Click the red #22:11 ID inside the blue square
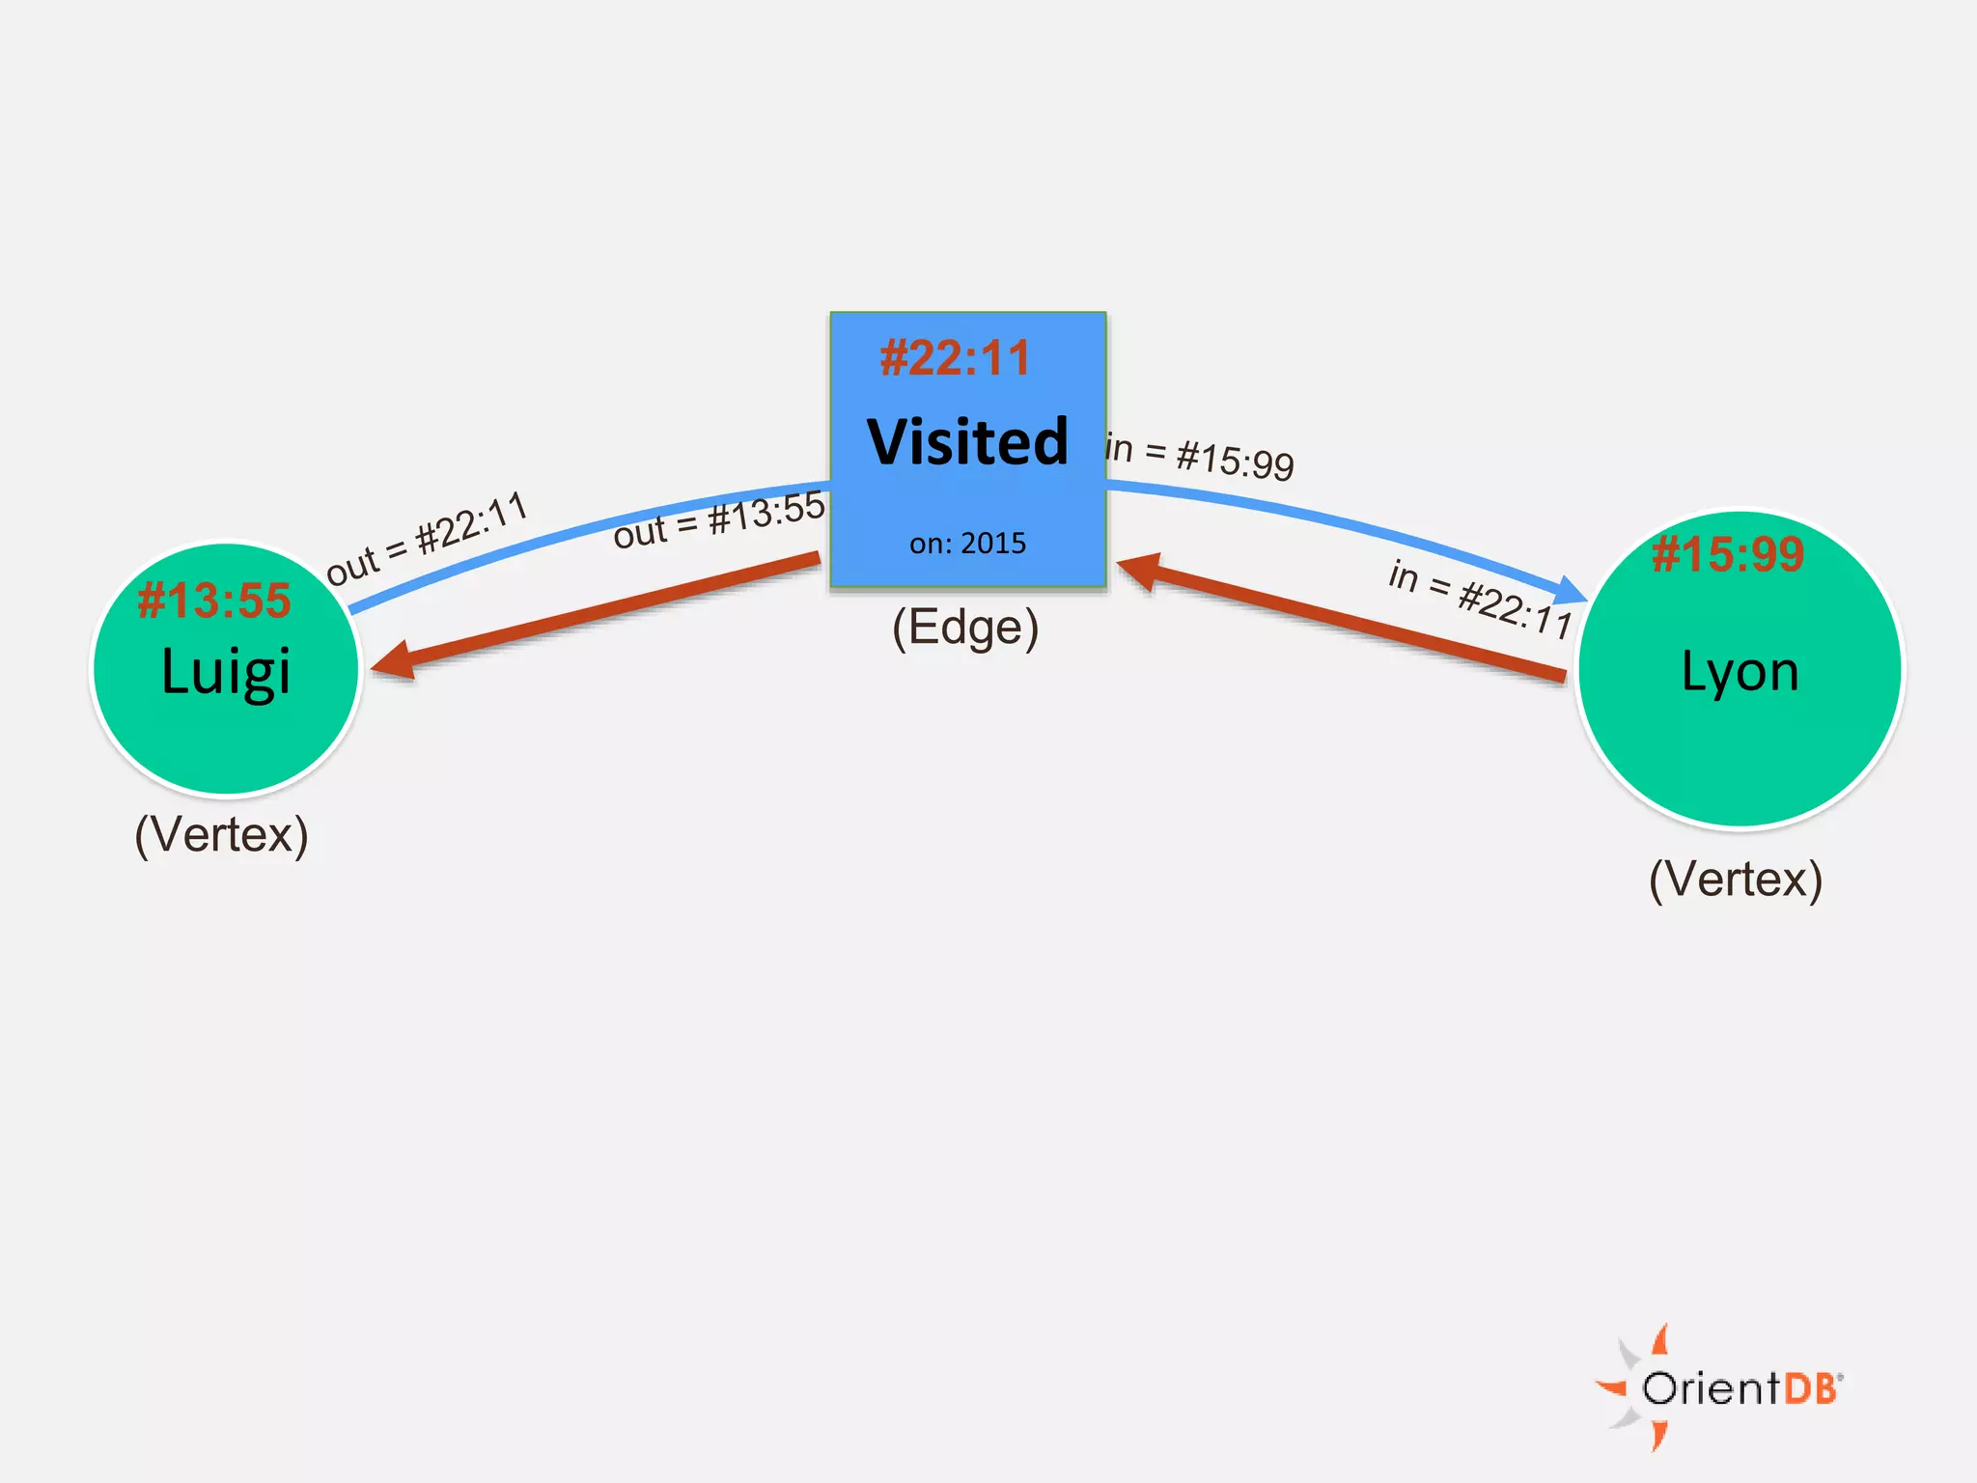(x=955, y=358)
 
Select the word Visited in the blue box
(x=967, y=442)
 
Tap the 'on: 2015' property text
(x=967, y=544)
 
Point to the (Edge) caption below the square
(x=965, y=628)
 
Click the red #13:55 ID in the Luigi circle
(x=214, y=601)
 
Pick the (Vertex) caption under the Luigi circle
(x=221, y=834)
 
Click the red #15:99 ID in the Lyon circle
(x=1728, y=554)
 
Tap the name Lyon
(x=1740, y=671)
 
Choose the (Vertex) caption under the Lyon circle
(x=1736, y=879)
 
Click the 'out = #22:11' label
(x=427, y=538)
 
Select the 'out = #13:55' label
(x=719, y=519)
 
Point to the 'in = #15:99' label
(x=1200, y=456)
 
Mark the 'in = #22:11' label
(x=1480, y=598)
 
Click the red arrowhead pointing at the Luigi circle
(x=394, y=661)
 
